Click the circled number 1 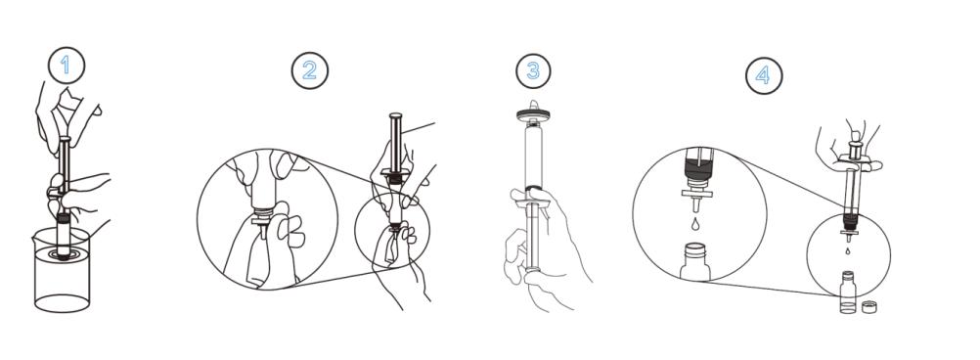[66, 66]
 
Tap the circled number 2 [309, 70]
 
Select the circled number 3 [533, 70]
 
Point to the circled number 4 [763, 75]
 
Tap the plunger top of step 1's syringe [65, 139]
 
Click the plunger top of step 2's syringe [395, 115]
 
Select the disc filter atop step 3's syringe [532, 113]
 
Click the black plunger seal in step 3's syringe [532, 188]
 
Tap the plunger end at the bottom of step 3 [532, 269]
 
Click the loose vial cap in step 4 [868, 307]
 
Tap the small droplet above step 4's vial [848, 250]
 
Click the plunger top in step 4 [856, 136]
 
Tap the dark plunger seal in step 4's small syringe [849, 218]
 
